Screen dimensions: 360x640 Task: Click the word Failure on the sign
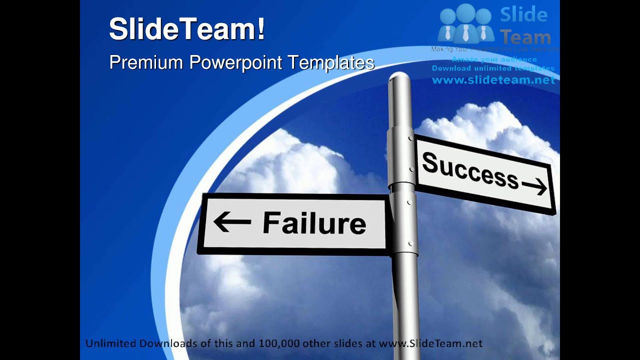tap(314, 223)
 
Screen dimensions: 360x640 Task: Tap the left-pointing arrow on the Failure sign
tap(232, 222)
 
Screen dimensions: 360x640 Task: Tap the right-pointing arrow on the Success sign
tap(534, 186)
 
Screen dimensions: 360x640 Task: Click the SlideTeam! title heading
tap(187, 28)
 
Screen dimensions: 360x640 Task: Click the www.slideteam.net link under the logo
tap(493, 80)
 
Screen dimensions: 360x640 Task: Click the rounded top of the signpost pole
tap(399, 78)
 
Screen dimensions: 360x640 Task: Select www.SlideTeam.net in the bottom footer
tap(430, 343)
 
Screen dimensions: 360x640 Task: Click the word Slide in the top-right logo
tap(523, 15)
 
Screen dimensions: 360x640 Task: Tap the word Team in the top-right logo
tap(525, 37)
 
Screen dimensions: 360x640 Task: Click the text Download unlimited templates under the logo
tap(493, 68)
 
